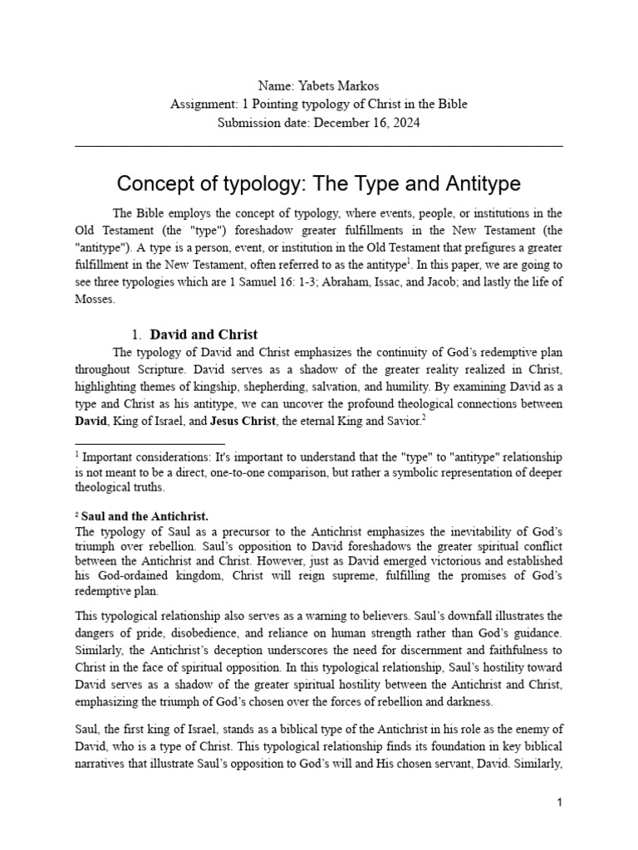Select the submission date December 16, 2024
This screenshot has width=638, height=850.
[x=363, y=123]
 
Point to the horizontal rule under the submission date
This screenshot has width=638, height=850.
[x=319, y=146]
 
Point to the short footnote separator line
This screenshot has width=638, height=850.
[x=150, y=445]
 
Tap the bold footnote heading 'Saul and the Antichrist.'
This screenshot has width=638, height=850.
[x=145, y=515]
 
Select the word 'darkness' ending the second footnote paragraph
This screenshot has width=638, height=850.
[x=467, y=701]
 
